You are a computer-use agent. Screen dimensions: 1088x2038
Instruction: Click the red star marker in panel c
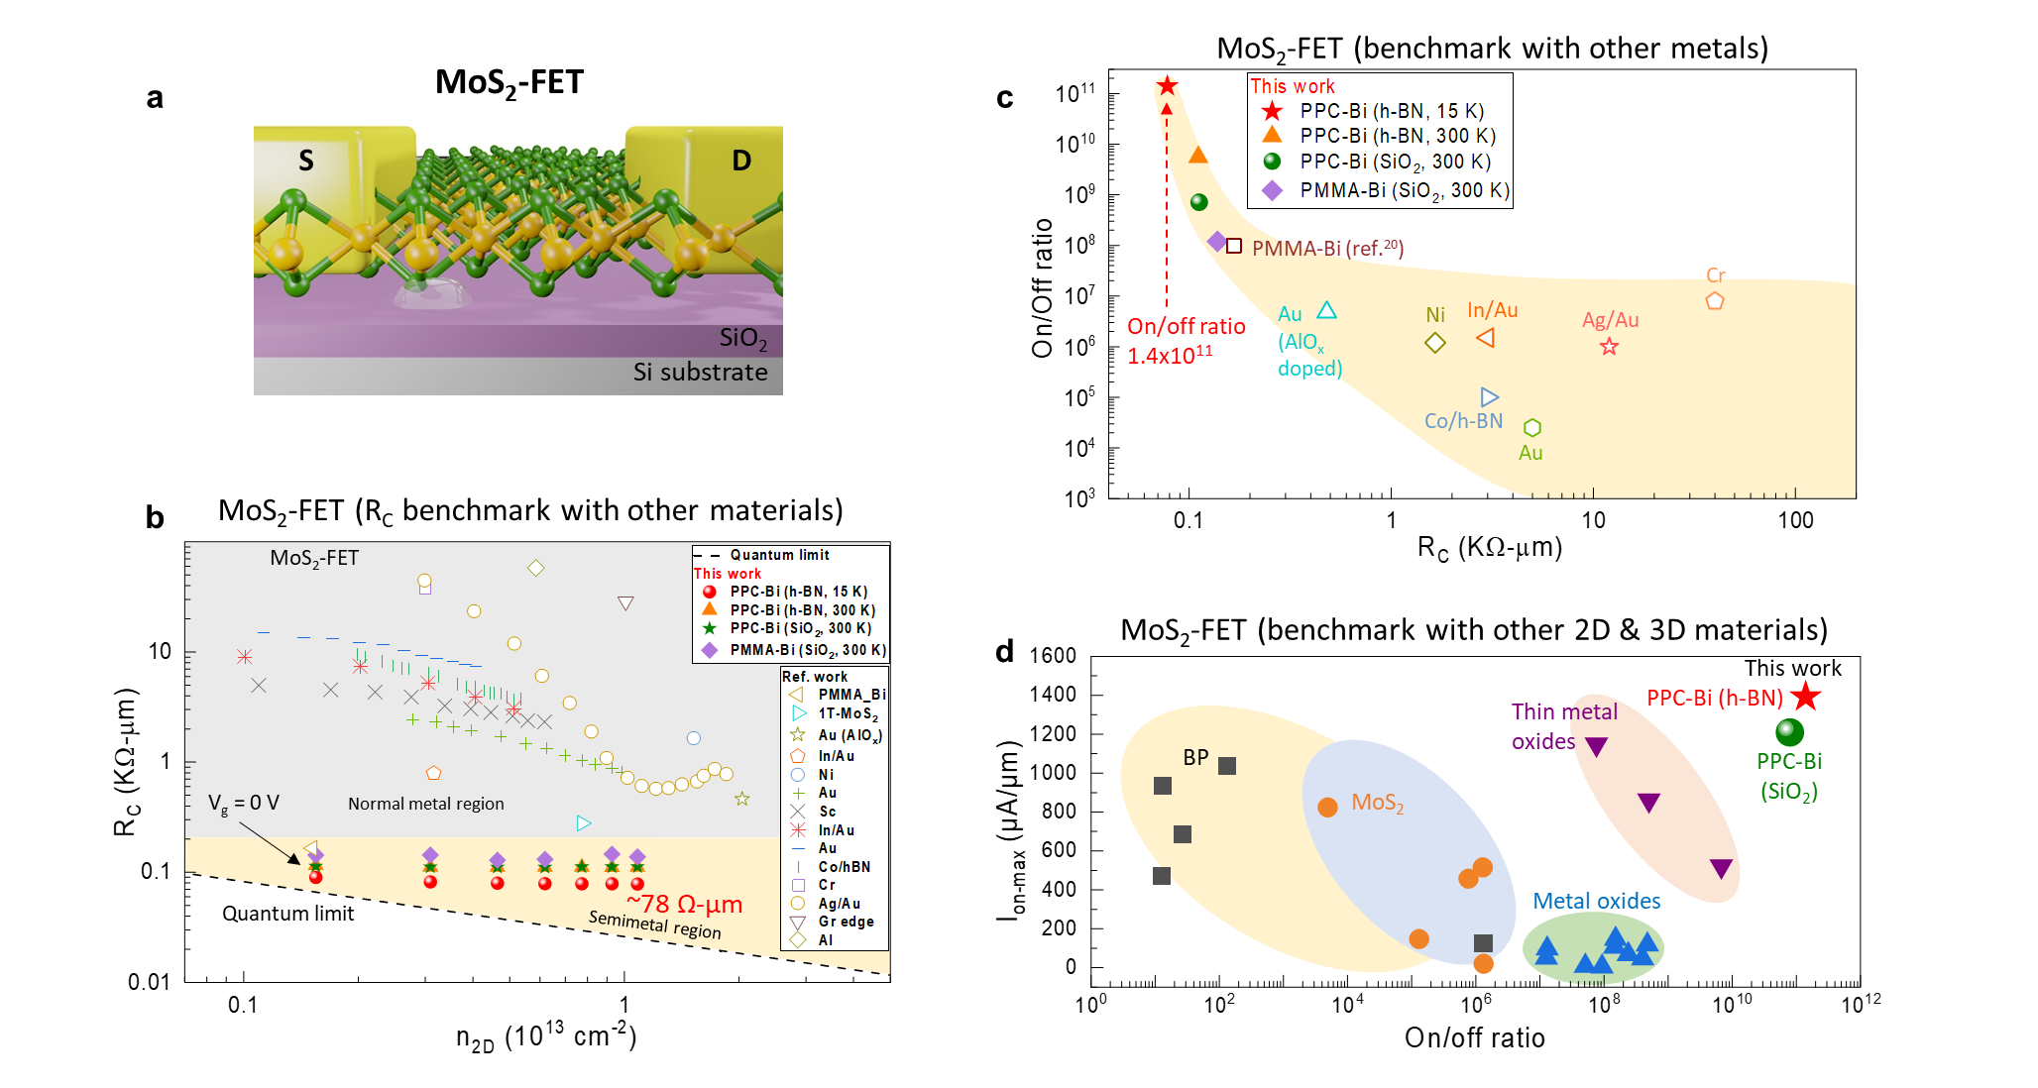pos(1167,86)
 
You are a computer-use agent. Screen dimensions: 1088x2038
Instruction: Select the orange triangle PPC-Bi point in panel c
pos(1197,155)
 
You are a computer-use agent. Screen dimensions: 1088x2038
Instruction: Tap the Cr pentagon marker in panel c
pos(1714,300)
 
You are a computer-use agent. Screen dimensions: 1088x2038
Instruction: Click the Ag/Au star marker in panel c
pos(1609,346)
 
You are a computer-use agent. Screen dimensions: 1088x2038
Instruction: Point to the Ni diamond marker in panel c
pos(1434,343)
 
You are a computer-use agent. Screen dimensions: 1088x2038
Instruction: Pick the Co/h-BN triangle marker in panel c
pos(1489,397)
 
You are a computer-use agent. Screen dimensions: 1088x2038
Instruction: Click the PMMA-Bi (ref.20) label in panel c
pos(1327,248)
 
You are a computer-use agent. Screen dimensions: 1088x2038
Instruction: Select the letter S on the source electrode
pos(306,161)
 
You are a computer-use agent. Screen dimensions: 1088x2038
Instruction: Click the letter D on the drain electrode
pos(740,161)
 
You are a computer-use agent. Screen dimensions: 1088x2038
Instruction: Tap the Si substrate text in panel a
pos(700,373)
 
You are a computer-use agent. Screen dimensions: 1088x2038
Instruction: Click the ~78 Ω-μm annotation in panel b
pos(684,904)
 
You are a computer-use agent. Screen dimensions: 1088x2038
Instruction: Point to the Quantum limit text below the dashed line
pos(287,914)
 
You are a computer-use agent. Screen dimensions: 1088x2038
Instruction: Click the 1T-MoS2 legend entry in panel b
pos(848,713)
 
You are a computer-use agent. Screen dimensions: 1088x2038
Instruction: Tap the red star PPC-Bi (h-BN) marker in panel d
pos(1805,696)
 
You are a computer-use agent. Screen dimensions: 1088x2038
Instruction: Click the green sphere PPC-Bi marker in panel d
pos(1788,732)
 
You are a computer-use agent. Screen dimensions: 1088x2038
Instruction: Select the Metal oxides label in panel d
pos(1596,901)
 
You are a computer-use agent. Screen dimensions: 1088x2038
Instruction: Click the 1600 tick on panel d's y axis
pos(1052,655)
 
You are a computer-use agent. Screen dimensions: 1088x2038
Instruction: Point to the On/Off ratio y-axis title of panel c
pos(1042,287)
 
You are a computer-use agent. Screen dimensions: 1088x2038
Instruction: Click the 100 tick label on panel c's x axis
pos(1794,520)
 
